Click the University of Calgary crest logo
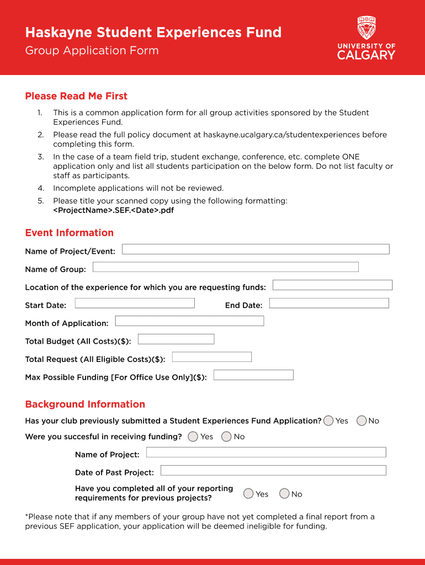coord(366,28)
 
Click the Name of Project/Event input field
coord(256,249)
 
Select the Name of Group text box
coord(225,267)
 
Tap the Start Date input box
coord(135,303)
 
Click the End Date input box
coord(329,303)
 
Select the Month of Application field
coord(189,321)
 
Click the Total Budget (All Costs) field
coord(176,339)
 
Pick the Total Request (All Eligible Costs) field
coord(212,357)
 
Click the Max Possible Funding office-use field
coord(253,375)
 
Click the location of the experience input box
coord(332,285)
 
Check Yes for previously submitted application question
coord(329,421)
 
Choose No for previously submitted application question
coord(362,421)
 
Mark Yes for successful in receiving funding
coord(193,436)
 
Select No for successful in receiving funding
coord(226,436)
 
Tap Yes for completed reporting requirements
coord(249,494)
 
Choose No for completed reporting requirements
coord(284,494)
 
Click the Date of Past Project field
coord(273,471)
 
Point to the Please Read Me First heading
coord(76,96)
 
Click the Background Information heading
coord(85,404)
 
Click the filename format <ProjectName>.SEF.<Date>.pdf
coord(114,210)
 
